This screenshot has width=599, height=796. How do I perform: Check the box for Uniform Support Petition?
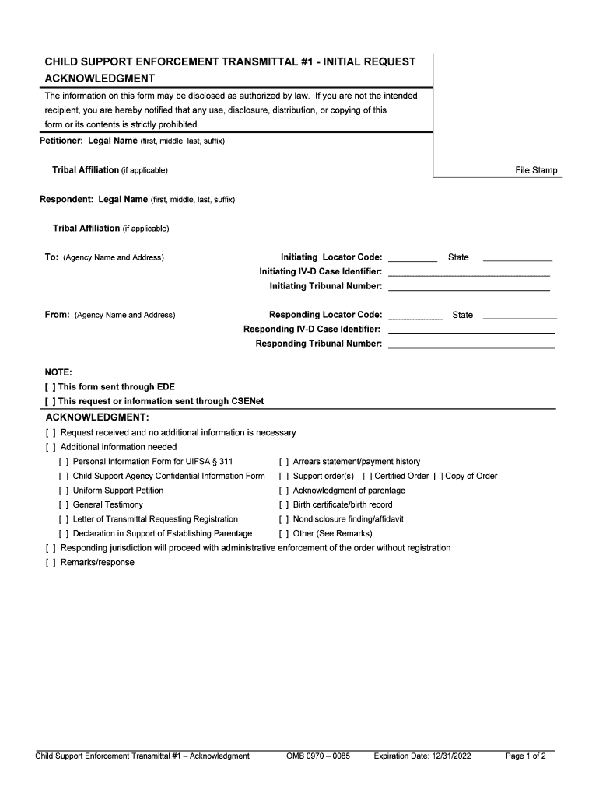point(63,491)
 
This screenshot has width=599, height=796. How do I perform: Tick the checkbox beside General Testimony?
point(63,504)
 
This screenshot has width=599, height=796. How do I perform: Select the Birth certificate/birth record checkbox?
point(284,504)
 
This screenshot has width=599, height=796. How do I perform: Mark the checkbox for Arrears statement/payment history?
point(284,462)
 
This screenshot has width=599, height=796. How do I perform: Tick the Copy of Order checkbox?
point(438,476)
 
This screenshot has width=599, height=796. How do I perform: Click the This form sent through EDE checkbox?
point(51,386)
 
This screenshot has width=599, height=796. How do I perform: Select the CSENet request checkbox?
point(51,401)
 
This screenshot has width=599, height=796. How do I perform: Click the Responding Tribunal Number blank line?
point(471,345)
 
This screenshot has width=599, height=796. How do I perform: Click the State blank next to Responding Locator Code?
point(520,316)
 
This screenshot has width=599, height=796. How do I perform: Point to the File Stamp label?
point(536,170)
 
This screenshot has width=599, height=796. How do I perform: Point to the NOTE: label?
point(58,372)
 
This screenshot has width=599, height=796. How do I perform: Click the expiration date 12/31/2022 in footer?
point(422,756)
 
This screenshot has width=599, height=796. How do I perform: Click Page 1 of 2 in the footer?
point(525,756)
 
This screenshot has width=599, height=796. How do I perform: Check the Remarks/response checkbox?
point(51,563)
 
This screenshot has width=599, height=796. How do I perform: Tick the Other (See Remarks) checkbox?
point(284,533)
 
